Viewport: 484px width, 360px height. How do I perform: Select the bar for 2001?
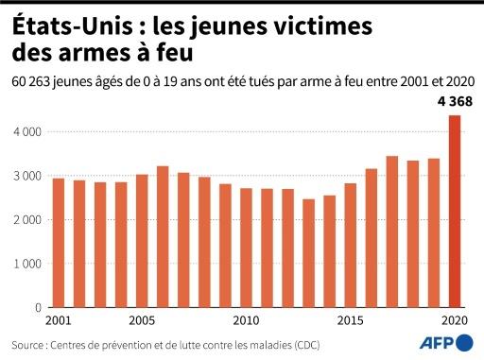(58, 243)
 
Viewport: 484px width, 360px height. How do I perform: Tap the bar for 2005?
(141, 241)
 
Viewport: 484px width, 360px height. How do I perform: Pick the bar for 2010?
(246, 248)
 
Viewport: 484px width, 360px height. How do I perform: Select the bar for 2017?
(392, 231)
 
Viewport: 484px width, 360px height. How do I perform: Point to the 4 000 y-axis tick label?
(25, 132)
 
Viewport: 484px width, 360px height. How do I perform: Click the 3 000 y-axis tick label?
(25, 176)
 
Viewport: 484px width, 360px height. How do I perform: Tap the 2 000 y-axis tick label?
(25, 220)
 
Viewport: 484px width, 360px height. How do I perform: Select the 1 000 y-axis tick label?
(25, 264)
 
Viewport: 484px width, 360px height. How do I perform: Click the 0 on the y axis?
(37, 307)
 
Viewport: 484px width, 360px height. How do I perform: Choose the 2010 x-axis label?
(246, 320)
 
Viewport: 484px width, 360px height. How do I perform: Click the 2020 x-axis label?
(455, 320)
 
